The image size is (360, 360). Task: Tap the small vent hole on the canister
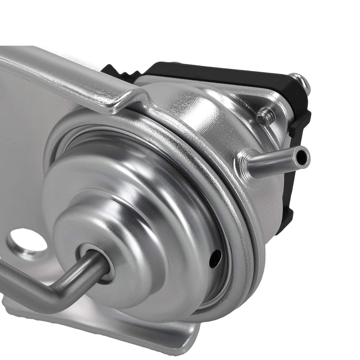click(215, 258)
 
